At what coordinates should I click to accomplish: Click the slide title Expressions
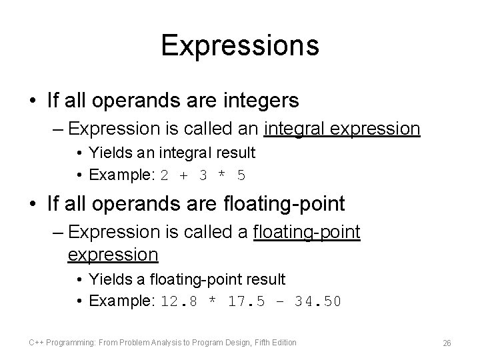240,46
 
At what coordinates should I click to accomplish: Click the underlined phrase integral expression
342,128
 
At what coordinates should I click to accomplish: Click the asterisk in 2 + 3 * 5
223,175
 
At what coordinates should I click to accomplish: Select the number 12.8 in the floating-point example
178,301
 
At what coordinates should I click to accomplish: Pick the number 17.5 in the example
247,301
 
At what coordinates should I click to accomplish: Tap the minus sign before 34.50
280,301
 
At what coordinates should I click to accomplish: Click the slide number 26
447,343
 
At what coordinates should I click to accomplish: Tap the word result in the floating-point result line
264,279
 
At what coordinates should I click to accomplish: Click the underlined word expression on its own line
113,255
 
